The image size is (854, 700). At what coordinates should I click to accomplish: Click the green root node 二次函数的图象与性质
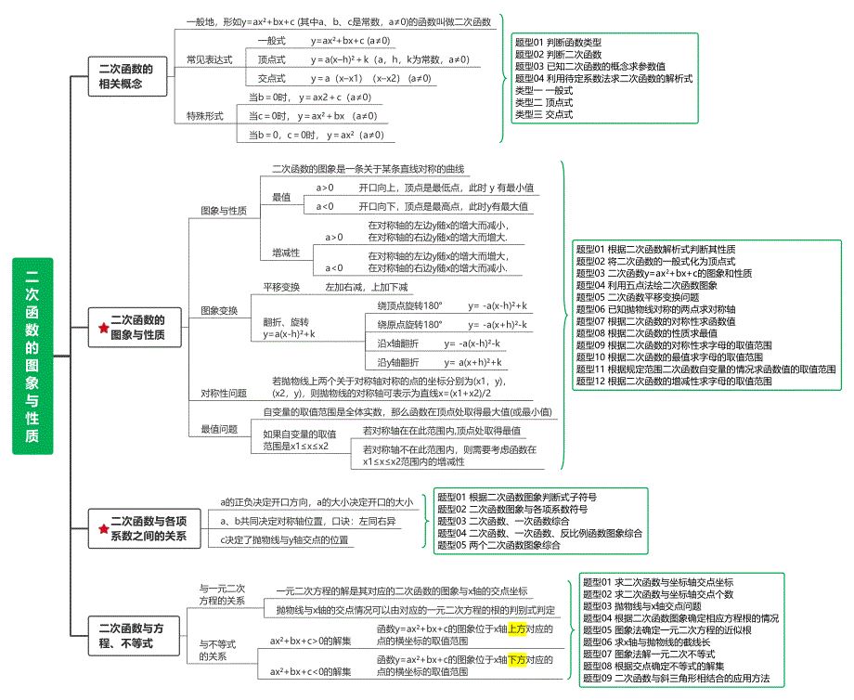pyautogui.click(x=32, y=356)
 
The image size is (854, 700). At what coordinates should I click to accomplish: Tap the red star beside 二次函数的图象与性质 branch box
pyautogui.click(x=103, y=328)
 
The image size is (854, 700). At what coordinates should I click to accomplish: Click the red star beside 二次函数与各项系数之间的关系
pyautogui.click(x=103, y=529)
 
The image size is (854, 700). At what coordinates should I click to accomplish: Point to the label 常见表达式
pyautogui.click(x=209, y=59)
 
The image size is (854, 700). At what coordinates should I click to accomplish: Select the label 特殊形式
pyautogui.click(x=205, y=116)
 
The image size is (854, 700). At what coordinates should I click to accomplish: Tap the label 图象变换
pyautogui.click(x=219, y=310)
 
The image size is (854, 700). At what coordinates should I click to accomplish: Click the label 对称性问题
pyautogui.click(x=225, y=393)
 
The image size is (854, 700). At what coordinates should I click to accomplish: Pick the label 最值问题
pyautogui.click(x=219, y=429)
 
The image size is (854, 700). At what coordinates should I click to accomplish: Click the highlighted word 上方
pyautogui.click(x=517, y=629)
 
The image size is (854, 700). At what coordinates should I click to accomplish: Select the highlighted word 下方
pyautogui.click(x=517, y=660)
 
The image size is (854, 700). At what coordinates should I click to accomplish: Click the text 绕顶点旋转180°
pyautogui.click(x=410, y=305)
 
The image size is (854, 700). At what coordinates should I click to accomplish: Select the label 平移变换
pyautogui.click(x=281, y=288)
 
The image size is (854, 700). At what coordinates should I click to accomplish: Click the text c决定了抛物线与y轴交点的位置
pyautogui.click(x=285, y=539)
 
